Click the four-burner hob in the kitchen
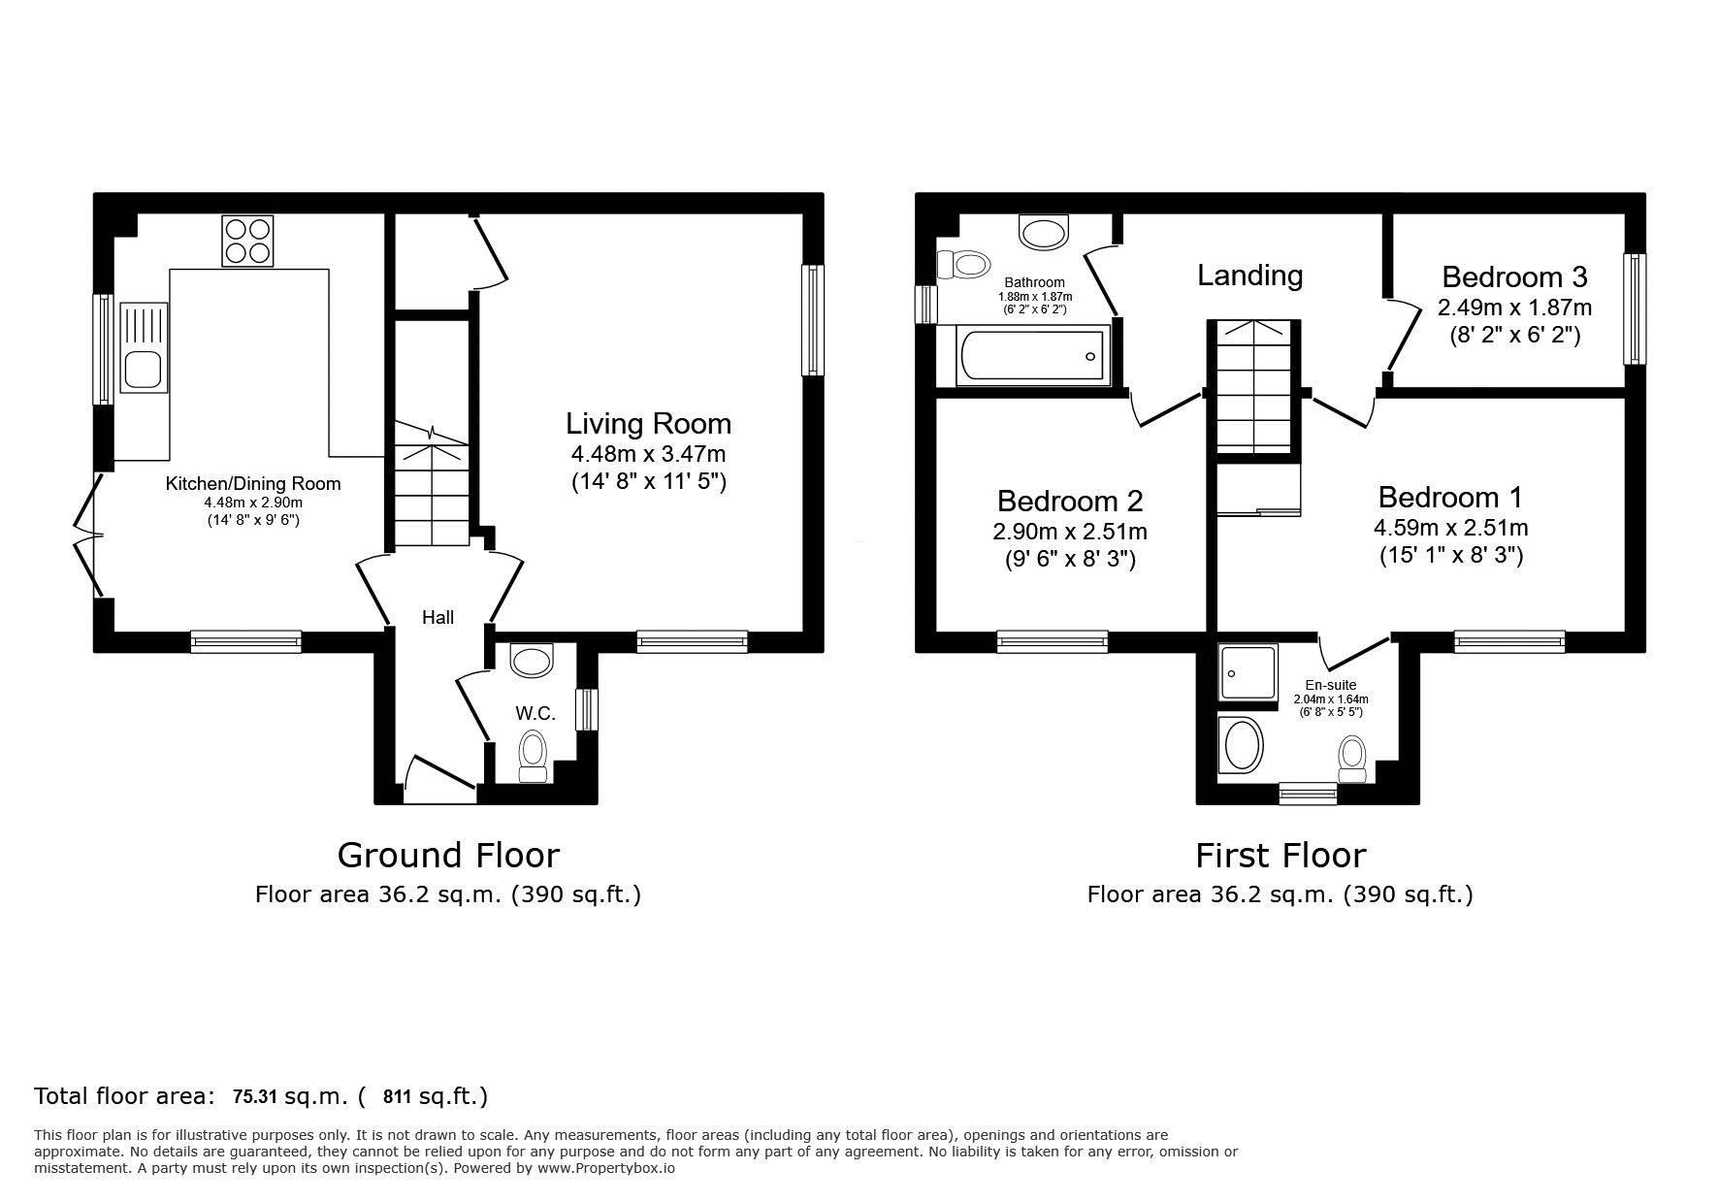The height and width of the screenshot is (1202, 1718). [247, 241]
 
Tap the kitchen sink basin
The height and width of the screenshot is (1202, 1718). [142, 370]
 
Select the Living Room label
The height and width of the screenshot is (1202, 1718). [648, 423]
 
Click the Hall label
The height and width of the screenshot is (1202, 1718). [438, 617]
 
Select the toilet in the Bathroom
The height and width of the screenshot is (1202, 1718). [963, 264]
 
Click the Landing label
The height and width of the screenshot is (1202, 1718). [1249, 276]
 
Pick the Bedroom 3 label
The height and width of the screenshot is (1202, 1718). [1514, 276]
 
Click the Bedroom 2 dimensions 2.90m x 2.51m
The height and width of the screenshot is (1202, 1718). [1070, 532]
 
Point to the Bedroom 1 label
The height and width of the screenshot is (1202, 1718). [1450, 498]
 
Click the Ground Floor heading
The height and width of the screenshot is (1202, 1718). [448, 855]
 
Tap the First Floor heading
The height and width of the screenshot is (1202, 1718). [1280, 855]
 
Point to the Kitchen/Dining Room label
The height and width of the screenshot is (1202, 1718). [253, 483]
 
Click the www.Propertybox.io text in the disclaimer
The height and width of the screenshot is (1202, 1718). [606, 1168]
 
